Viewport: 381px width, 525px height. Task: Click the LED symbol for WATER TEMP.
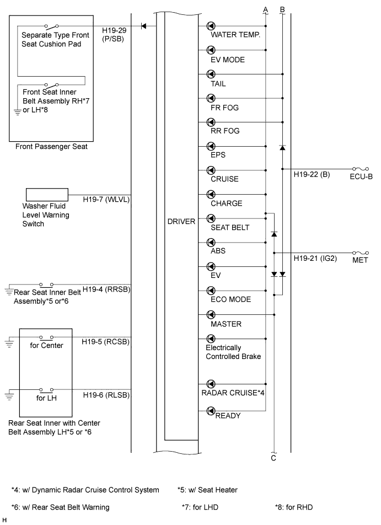pyautogui.click(x=211, y=26)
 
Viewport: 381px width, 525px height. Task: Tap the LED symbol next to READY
pyautogui.click(x=211, y=411)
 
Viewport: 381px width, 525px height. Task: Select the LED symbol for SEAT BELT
pyautogui.click(x=211, y=218)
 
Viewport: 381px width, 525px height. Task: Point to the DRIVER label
pyautogui.click(x=181, y=222)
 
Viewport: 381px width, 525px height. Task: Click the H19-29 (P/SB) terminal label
pyautogui.click(x=114, y=35)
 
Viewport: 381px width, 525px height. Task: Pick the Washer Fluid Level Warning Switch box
pyautogui.click(x=47, y=195)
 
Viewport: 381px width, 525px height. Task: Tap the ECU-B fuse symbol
pyautogui.click(x=360, y=169)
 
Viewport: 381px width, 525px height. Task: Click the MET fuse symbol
pyautogui.click(x=360, y=253)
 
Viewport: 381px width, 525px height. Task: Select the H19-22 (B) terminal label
pyautogui.click(x=312, y=174)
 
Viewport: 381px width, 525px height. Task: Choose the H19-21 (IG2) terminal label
pyautogui.click(x=315, y=259)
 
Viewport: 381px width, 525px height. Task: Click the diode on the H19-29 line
pyautogui.click(x=143, y=26)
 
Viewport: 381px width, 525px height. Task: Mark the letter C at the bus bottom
pyautogui.click(x=273, y=458)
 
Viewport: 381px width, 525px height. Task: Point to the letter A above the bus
pyautogui.click(x=266, y=10)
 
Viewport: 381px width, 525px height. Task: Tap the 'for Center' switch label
pyautogui.click(x=46, y=346)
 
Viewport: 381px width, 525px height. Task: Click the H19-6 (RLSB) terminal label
pyautogui.click(x=106, y=395)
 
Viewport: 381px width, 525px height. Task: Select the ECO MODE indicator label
pyautogui.click(x=230, y=299)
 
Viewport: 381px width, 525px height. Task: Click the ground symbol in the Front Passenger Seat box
pyautogui.click(x=17, y=112)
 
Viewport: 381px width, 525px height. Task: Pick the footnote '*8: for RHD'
pyautogui.click(x=294, y=507)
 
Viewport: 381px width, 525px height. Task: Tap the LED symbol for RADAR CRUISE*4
pyautogui.click(x=211, y=384)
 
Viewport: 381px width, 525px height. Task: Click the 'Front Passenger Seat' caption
pyautogui.click(x=51, y=147)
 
